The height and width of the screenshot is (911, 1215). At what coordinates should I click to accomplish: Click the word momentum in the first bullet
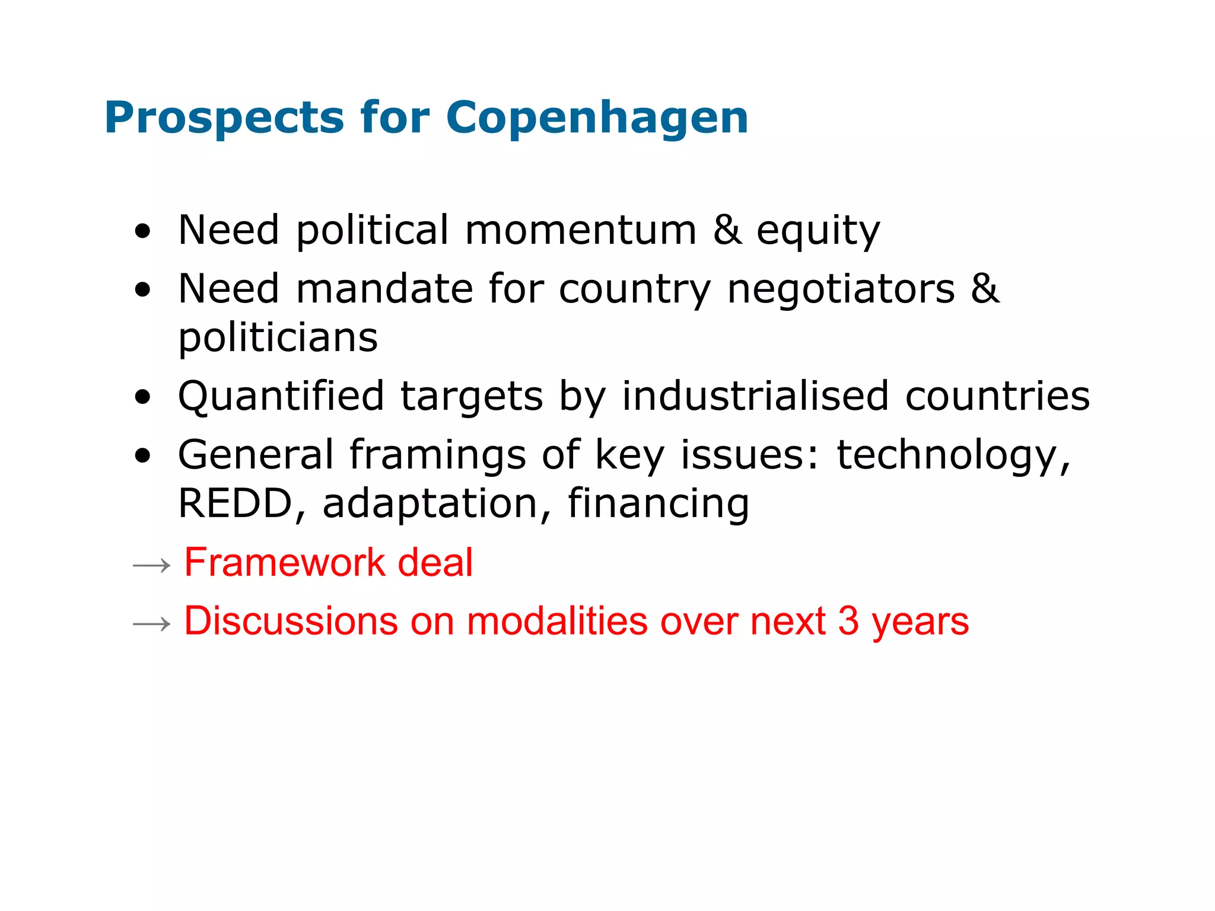580,230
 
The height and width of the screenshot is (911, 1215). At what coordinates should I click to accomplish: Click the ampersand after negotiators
985,289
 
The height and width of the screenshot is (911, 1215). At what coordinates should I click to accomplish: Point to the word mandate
384,289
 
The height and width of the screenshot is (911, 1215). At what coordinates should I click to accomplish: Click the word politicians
278,337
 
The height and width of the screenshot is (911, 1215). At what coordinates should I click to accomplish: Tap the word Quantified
281,396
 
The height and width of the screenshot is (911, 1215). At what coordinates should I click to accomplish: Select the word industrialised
755,396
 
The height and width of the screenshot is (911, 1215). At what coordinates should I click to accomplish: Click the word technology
953,455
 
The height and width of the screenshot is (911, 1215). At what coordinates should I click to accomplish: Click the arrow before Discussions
152,624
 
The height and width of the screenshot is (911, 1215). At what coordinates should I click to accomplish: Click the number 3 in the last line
848,621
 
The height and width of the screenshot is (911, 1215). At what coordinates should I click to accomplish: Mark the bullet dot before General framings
142,455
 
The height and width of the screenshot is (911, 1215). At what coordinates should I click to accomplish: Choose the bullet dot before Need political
142,231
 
